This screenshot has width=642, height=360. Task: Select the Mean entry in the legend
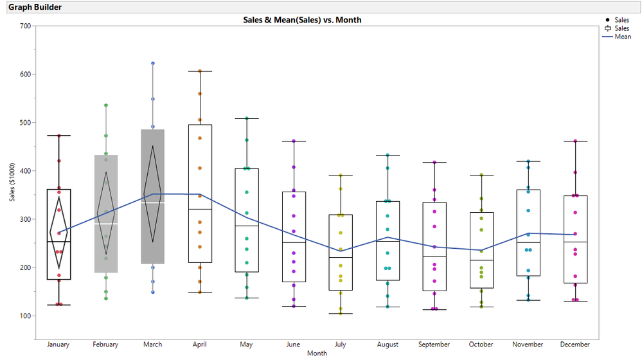pyautogui.click(x=623, y=37)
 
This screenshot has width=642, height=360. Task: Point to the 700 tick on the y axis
pyautogui.click(x=25, y=26)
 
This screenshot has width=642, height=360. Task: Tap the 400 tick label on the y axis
pyautogui.click(x=25, y=171)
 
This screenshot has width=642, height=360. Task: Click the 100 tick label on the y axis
pyautogui.click(x=25, y=316)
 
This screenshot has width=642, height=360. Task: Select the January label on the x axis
pyautogui.click(x=59, y=345)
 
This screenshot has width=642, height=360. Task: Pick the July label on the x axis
pyautogui.click(x=341, y=345)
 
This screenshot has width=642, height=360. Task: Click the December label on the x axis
pyautogui.click(x=575, y=345)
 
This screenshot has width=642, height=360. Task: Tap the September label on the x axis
pyautogui.click(x=434, y=345)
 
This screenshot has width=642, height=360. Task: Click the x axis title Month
pyautogui.click(x=317, y=353)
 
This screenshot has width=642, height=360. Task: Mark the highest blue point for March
pyautogui.click(x=153, y=63)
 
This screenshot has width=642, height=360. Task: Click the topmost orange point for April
pyautogui.click(x=200, y=71)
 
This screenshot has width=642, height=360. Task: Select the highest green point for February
pyautogui.click(x=106, y=105)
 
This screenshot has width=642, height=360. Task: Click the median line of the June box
pyautogui.click(x=294, y=242)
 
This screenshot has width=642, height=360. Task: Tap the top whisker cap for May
pyautogui.click(x=247, y=118)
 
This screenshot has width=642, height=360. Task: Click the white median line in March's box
pyautogui.click(x=153, y=203)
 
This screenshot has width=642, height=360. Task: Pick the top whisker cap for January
pyautogui.click(x=59, y=135)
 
